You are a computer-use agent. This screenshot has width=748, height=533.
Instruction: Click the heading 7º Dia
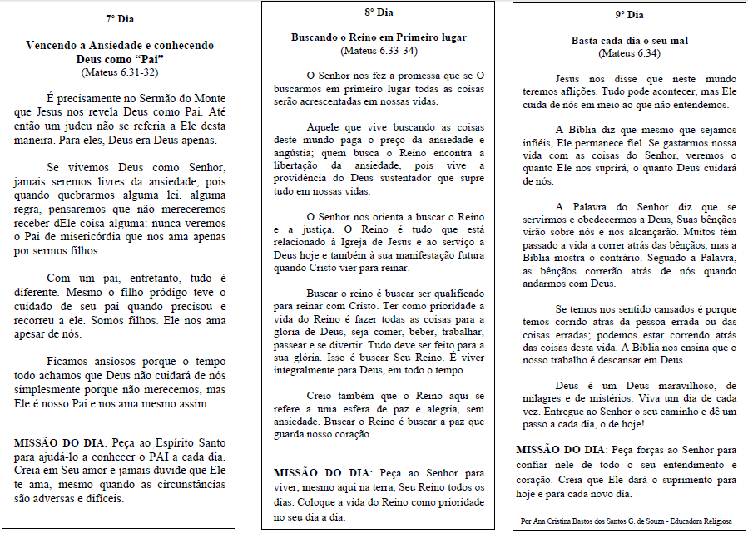(120, 17)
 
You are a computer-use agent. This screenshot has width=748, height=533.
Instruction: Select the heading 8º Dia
(379, 12)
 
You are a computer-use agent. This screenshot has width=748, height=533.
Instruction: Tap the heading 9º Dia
(629, 15)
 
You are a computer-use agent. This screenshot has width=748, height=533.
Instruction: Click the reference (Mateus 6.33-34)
(379, 51)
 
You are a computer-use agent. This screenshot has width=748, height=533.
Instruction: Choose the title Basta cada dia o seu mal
(629, 40)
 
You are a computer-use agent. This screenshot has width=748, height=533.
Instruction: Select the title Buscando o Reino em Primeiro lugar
(379, 37)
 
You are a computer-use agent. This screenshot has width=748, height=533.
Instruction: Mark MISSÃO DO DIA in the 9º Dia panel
(558, 449)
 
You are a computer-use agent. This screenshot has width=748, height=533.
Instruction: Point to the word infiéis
(535, 143)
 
